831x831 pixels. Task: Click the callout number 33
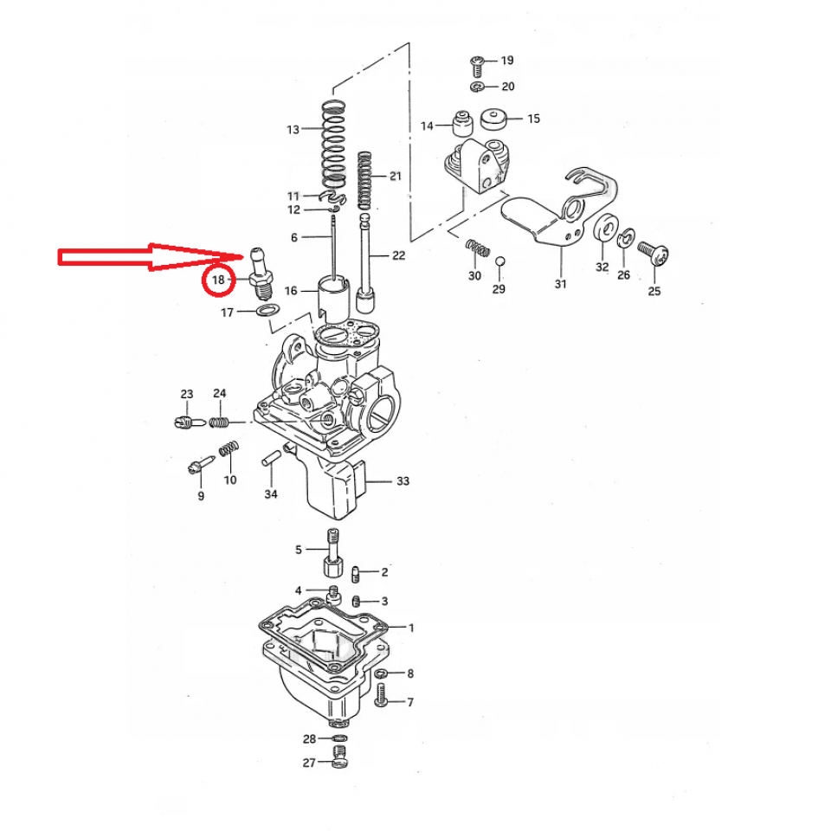point(403,481)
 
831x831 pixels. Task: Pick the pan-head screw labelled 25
point(654,252)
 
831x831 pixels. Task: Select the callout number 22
point(398,255)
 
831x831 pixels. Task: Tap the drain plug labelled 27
point(339,759)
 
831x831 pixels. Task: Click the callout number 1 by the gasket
point(411,628)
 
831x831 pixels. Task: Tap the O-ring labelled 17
point(267,311)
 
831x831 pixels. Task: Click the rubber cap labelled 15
point(494,119)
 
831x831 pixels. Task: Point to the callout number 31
point(561,284)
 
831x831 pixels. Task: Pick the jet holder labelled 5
point(331,554)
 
